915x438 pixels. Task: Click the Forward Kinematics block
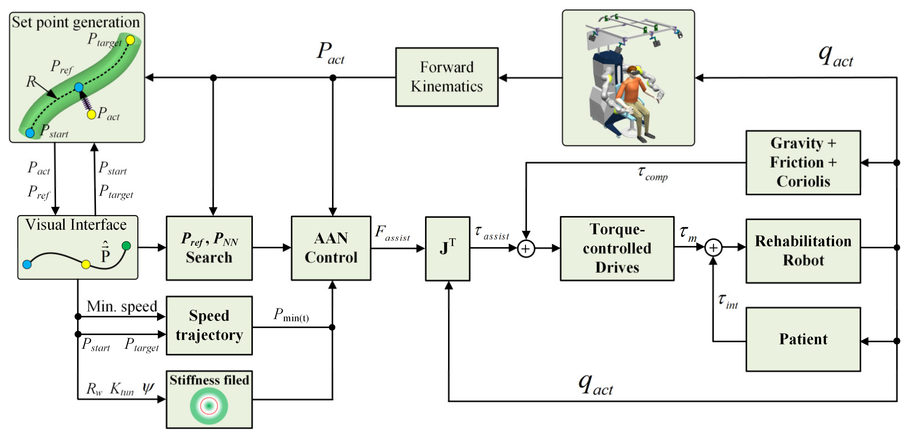pos(447,77)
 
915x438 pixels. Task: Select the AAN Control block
pos(331,248)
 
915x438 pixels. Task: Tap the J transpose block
pos(447,248)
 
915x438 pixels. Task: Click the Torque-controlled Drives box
pos(617,248)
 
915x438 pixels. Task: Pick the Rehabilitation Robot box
pos(803,251)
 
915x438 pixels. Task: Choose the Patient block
pos(803,339)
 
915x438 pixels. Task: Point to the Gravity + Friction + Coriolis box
pos(803,163)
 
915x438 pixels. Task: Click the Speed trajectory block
pos(209,325)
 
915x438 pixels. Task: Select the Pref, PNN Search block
pos(209,248)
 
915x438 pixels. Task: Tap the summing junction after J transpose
pos(526,248)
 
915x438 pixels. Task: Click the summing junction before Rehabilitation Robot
pos(713,248)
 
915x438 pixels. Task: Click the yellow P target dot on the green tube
pos(130,40)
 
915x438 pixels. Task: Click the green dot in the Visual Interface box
pos(126,246)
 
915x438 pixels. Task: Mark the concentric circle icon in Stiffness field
pos(209,406)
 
